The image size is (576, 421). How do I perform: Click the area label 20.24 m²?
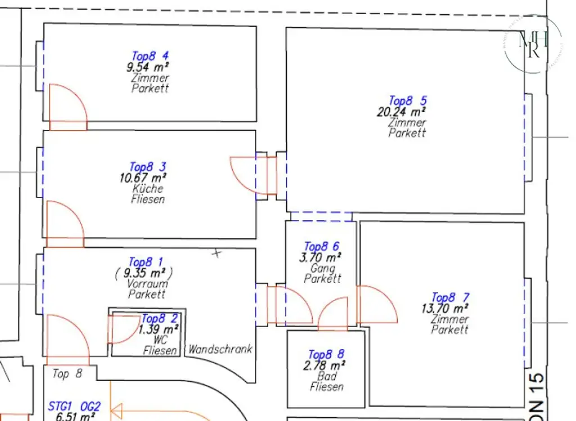pos(401,112)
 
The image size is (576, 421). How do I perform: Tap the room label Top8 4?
pos(150,56)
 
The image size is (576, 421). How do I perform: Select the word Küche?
pos(148,189)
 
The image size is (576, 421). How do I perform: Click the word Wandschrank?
pos(220,350)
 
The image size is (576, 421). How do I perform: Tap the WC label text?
pos(160,340)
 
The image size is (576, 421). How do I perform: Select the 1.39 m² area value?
pos(159,329)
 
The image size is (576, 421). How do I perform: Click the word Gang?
pos(322,268)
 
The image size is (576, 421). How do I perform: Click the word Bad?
pos(326,376)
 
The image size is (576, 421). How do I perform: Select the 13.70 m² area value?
pos(445,308)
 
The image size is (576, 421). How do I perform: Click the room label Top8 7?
pos(450,298)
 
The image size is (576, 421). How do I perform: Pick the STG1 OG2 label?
pos(74,406)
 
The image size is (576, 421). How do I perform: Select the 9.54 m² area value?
pos(148,67)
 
